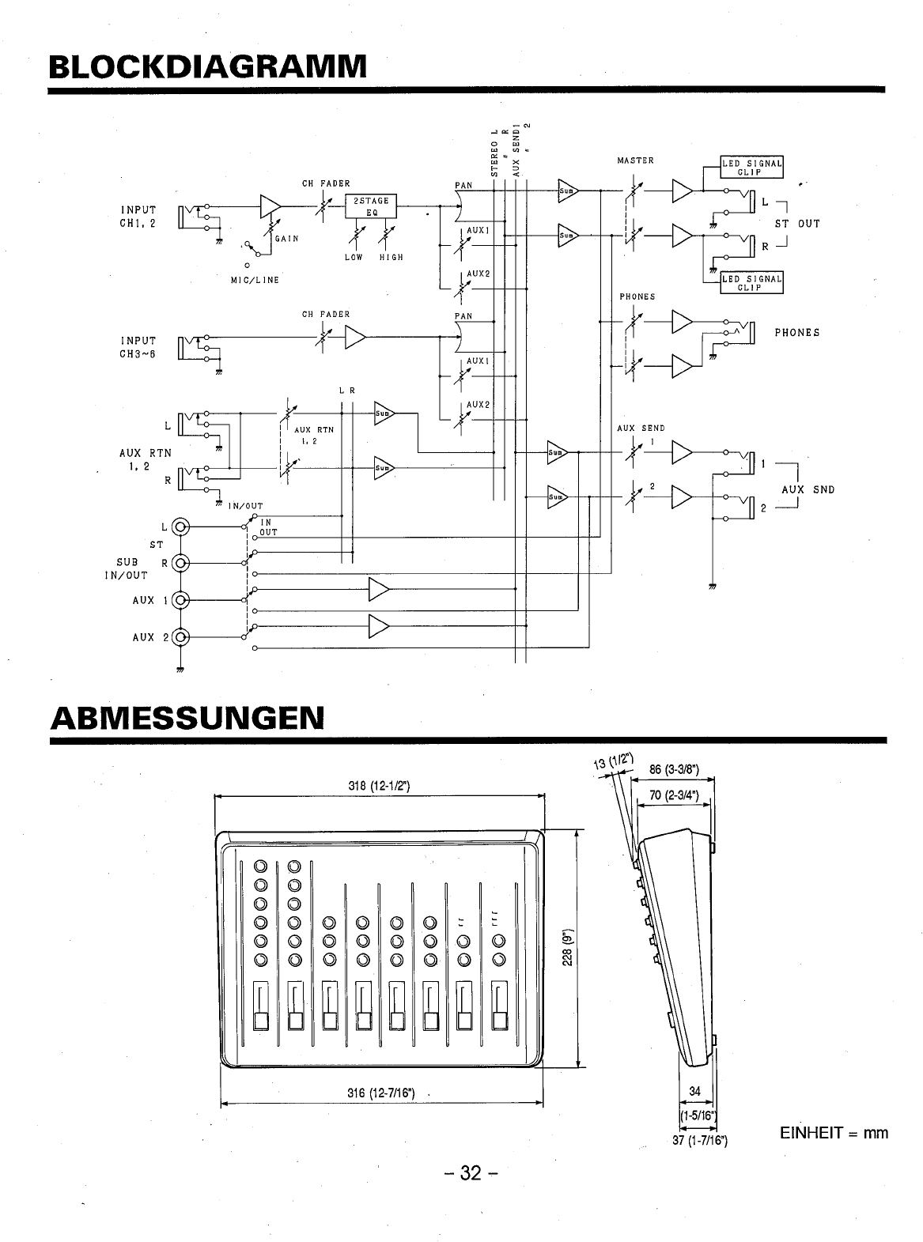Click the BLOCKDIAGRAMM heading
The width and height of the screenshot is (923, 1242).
click(x=208, y=66)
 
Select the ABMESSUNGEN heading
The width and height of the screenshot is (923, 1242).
click(x=187, y=718)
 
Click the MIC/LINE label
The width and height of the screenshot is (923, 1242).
click(x=255, y=280)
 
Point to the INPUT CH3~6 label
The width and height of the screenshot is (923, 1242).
click(x=138, y=347)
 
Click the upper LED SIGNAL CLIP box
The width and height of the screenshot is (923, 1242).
click(x=751, y=167)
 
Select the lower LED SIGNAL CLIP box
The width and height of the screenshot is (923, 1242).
click(x=751, y=283)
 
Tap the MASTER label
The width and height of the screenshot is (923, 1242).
click(x=635, y=160)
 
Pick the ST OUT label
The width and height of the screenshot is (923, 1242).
click(x=796, y=224)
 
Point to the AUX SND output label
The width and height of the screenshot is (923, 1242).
click(x=808, y=489)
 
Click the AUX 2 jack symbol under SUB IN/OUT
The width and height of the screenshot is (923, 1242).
click(x=181, y=637)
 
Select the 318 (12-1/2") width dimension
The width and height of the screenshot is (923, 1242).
click(x=377, y=786)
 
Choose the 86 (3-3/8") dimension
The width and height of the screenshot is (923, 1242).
click(x=673, y=768)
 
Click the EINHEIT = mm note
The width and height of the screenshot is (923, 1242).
click(x=834, y=1133)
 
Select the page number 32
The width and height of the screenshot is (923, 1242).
click(x=471, y=1172)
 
